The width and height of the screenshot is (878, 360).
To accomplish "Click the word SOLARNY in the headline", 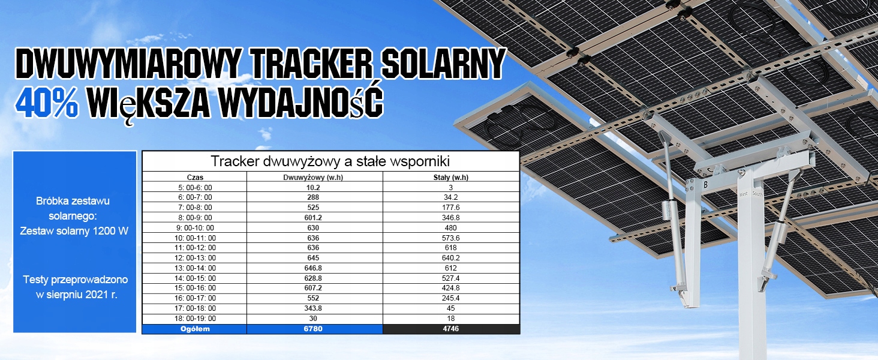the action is pos(444,64).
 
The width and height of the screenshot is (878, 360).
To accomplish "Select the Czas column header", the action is pos(195,177).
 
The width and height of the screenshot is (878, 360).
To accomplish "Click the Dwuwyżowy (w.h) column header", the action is pos(313,177).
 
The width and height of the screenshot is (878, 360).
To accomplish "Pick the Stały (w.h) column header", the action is pos(451,177).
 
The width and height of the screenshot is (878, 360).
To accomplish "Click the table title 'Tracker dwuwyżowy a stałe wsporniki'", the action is pos(330,161).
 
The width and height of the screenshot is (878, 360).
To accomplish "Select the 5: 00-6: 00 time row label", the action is pos(195,187).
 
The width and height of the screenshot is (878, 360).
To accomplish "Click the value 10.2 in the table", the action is pos(313,187).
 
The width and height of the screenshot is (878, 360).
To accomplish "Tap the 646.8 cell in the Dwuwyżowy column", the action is pos(313,268).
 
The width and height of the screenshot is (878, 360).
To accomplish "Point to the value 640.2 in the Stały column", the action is pos(451,257).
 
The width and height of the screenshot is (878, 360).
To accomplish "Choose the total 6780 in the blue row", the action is pos(313,329).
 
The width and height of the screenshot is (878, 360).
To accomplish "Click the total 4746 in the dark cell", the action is pos(451,329).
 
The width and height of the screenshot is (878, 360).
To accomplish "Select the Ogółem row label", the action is pos(195,329).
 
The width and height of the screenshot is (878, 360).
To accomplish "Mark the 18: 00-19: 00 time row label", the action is pos(195,319).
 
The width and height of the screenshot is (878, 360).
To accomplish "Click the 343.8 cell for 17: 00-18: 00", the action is pos(313,308).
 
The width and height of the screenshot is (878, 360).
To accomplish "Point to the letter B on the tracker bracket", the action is pos(706,185).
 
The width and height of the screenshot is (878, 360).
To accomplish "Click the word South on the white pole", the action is pos(757,194).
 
